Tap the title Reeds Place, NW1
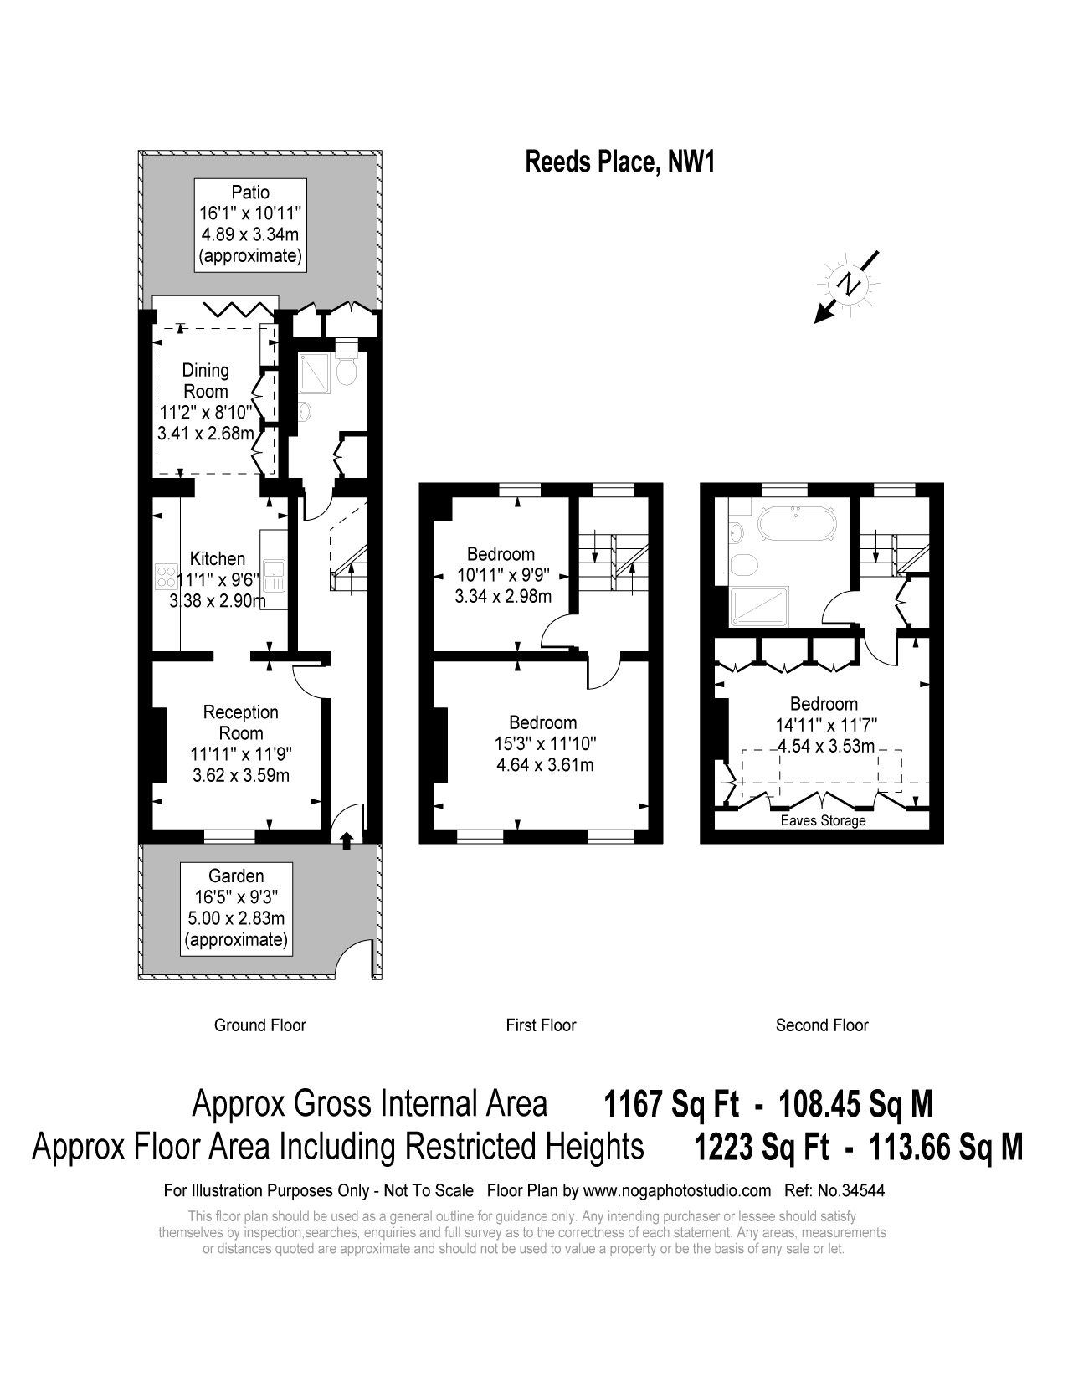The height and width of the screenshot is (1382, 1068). click(620, 162)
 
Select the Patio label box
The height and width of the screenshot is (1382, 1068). click(250, 225)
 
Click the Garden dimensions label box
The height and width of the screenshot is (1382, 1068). click(237, 909)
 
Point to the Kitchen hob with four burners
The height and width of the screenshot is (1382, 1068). click(167, 577)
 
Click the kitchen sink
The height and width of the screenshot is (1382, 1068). click(275, 576)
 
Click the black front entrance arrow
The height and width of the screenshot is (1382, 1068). click(347, 840)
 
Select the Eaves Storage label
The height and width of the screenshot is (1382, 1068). click(824, 820)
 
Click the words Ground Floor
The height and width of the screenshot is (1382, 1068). click(260, 1025)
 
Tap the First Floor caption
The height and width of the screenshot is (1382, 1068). click(541, 1025)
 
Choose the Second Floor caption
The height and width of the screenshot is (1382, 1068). click(822, 1025)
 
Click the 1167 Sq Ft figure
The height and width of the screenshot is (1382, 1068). click(671, 1103)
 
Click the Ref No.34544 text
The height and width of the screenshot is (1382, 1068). click(834, 1190)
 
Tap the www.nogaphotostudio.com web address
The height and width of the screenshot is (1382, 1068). click(677, 1191)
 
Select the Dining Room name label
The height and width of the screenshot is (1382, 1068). click(205, 380)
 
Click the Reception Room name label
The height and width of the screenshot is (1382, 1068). click(241, 722)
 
